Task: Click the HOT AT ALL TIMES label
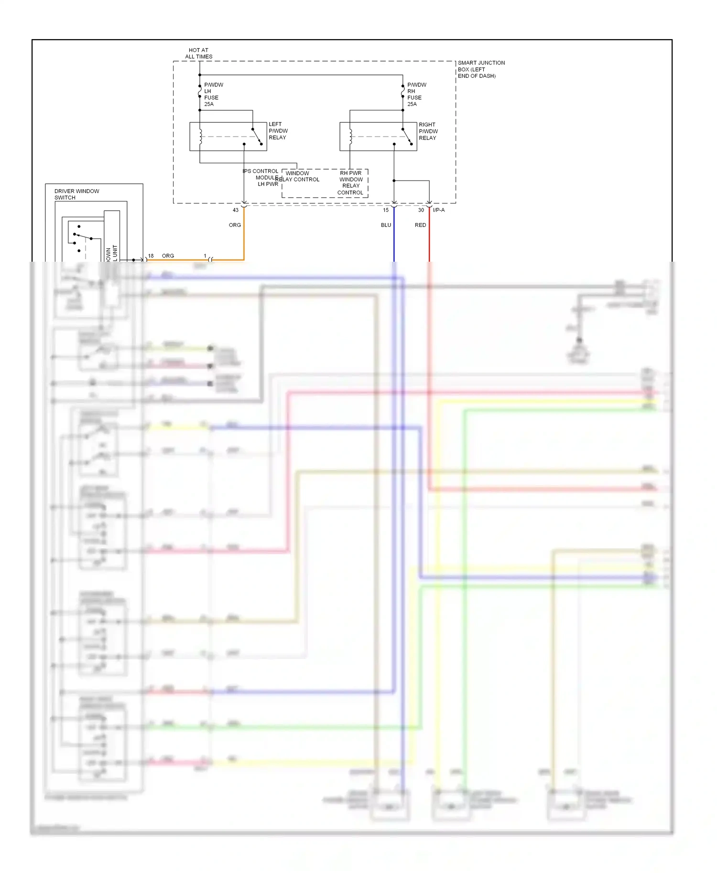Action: tap(198, 53)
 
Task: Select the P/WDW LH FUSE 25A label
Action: tap(213, 94)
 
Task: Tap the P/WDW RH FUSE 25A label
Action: tap(416, 94)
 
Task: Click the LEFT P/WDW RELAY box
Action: tap(228, 137)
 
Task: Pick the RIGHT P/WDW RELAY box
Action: tap(378, 137)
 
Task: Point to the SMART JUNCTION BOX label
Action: tap(480, 69)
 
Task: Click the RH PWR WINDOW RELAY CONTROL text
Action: tap(351, 183)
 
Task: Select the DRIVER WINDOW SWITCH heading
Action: tap(76, 194)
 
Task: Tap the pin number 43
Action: tap(236, 210)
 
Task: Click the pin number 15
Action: tap(386, 210)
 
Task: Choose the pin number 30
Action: tap(421, 210)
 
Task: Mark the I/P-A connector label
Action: tap(439, 210)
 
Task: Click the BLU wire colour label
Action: tap(386, 225)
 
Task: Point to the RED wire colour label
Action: tap(420, 225)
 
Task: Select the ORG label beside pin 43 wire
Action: tap(235, 225)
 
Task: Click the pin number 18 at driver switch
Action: tap(151, 256)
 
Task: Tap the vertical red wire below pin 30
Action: tap(429, 239)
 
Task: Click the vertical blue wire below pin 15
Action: tap(394, 239)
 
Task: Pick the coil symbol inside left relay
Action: tap(200, 136)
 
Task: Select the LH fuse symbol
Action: tap(200, 91)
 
